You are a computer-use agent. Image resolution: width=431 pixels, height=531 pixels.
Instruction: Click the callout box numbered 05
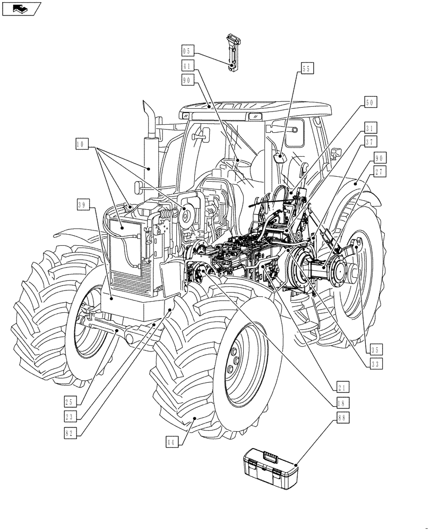tap(187, 51)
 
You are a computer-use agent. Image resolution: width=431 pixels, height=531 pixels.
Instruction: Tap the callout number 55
tap(307, 68)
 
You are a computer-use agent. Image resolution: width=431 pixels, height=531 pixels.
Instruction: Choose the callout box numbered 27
tap(380, 171)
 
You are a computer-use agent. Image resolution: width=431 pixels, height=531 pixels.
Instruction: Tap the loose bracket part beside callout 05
tap(234, 52)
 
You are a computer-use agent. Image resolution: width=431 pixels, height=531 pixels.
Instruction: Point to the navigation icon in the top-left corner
tap(21, 8)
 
